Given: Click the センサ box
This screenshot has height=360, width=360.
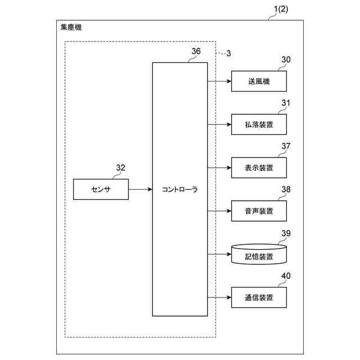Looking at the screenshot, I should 101,190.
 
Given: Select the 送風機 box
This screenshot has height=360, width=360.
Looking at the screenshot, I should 259,81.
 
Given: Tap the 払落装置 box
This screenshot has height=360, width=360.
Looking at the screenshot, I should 259,124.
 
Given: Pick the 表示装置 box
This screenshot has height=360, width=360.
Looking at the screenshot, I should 259,168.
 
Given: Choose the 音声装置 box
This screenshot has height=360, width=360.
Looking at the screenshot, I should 259,211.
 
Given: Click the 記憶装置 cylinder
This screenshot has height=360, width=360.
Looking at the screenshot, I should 259,255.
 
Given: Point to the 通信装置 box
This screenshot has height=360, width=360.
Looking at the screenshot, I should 259,297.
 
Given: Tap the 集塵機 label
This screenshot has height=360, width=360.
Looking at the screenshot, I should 71,28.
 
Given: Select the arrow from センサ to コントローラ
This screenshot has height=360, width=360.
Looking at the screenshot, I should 141,190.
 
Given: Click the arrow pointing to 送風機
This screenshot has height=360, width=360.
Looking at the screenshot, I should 219,81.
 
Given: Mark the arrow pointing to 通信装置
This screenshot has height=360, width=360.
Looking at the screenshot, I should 219,297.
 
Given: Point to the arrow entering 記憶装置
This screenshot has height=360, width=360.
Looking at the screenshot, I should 219,254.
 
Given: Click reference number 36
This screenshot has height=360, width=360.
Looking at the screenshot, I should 196,51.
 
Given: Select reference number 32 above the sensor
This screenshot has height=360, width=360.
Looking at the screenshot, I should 120,167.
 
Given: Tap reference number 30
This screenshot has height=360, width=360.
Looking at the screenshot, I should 286,59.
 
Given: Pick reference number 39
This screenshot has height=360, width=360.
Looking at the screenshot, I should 286,233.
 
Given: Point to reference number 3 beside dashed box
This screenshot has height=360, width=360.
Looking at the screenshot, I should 228,53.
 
